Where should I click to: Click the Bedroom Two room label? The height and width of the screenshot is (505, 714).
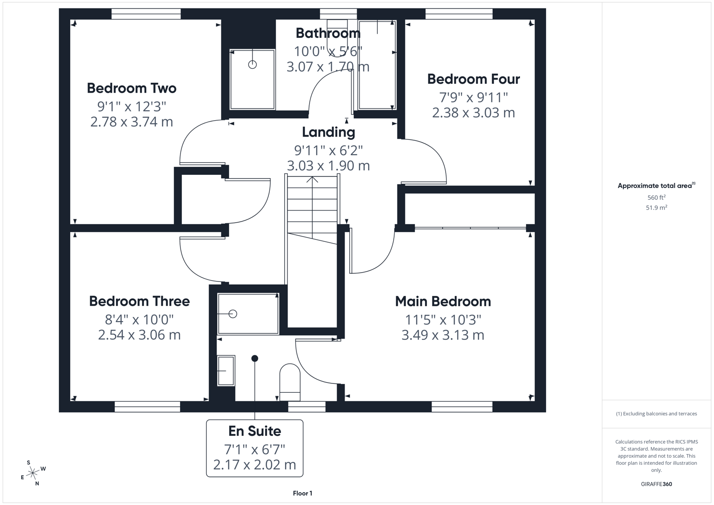131,88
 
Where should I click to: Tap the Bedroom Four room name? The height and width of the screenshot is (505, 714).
473,79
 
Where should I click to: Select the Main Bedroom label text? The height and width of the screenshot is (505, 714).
443,301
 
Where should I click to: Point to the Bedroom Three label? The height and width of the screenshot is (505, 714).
139,301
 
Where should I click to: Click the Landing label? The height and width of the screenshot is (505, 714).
328,132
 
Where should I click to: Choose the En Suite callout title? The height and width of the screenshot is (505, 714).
254,431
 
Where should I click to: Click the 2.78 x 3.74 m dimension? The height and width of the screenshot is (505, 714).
131,122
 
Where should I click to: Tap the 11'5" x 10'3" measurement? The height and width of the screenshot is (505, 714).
443,320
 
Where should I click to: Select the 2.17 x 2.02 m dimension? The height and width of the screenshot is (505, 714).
254,465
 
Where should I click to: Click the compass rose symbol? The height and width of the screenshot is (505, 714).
33,473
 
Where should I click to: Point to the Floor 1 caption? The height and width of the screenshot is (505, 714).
303,493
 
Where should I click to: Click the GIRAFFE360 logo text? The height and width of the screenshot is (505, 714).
656,484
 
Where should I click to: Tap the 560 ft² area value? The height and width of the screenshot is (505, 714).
656,197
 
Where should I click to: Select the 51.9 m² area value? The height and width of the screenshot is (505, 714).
656,208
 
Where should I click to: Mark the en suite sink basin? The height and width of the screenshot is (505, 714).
226,370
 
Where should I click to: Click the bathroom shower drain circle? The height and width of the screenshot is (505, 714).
252,65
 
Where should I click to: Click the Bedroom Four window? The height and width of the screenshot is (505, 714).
459,14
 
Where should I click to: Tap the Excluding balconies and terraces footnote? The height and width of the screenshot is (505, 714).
656,414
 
